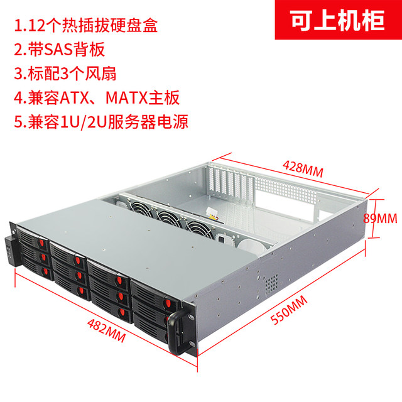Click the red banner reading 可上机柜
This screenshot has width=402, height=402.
pyautogui.click(x=337, y=21)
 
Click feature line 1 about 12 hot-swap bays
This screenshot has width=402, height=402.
pyautogui.click(x=85, y=27)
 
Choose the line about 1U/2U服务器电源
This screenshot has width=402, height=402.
pyautogui.click(x=101, y=120)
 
